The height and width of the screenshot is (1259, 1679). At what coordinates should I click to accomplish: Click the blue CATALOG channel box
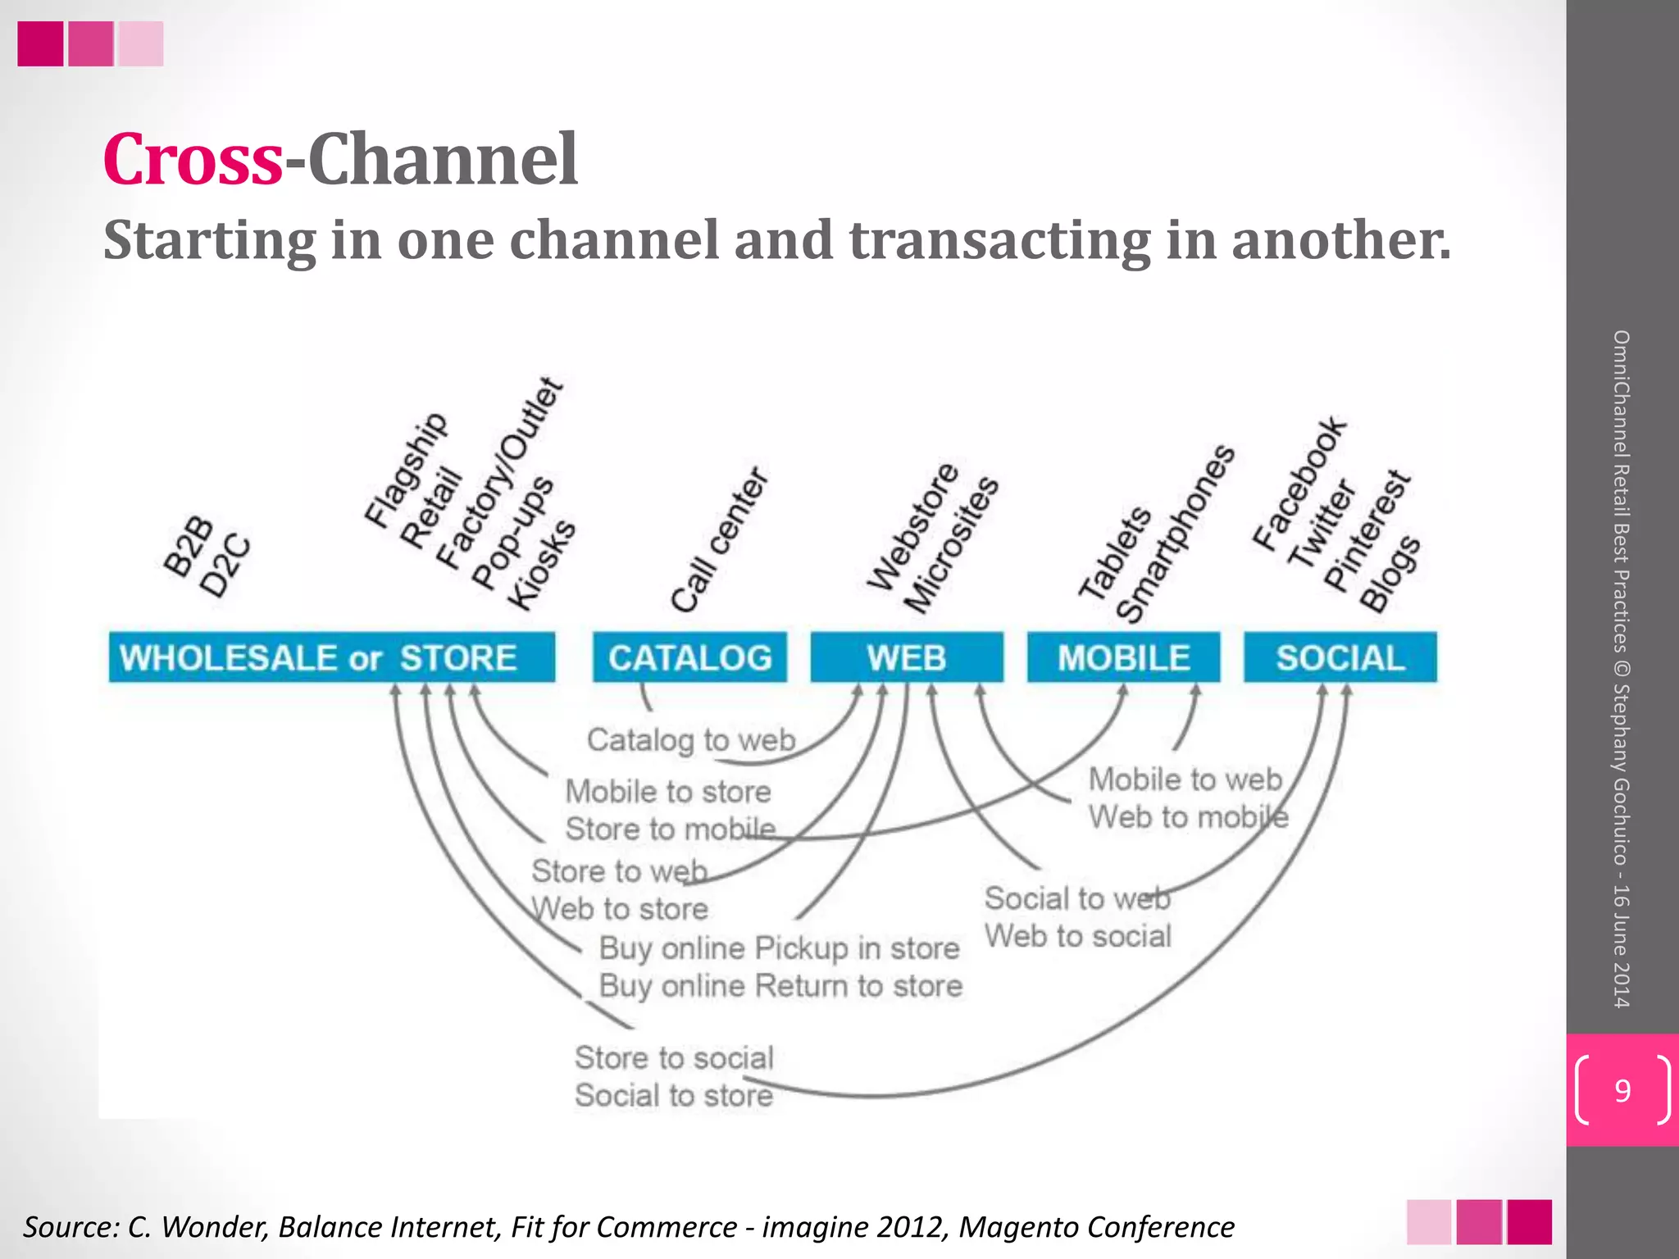(x=689, y=657)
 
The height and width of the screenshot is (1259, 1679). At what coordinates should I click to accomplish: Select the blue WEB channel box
(x=907, y=657)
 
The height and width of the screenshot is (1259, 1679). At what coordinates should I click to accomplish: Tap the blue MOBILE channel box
(x=1123, y=657)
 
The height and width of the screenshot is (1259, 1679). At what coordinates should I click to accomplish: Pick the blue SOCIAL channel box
(x=1340, y=657)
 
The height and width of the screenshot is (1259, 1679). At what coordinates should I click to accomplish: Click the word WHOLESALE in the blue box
(x=228, y=658)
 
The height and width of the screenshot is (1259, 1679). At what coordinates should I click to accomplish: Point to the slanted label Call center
(x=719, y=541)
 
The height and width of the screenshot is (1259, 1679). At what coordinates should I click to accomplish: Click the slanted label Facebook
(x=1299, y=484)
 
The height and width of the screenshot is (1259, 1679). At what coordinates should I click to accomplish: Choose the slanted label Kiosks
(x=542, y=566)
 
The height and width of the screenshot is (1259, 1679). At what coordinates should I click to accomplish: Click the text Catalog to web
(x=691, y=740)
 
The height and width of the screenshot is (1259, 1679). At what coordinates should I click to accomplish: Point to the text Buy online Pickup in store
(x=779, y=948)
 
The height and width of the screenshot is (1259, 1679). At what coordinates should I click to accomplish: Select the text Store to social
(x=674, y=1058)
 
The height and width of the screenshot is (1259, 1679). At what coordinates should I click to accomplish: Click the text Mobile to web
(x=1185, y=779)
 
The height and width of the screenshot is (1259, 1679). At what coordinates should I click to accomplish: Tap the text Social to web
(x=1077, y=899)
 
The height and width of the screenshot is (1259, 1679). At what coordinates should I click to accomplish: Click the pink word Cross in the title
(x=193, y=159)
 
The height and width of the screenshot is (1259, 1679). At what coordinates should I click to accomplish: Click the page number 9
(x=1622, y=1091)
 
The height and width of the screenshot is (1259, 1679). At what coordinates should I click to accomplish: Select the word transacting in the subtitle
(x=999, y=241)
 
